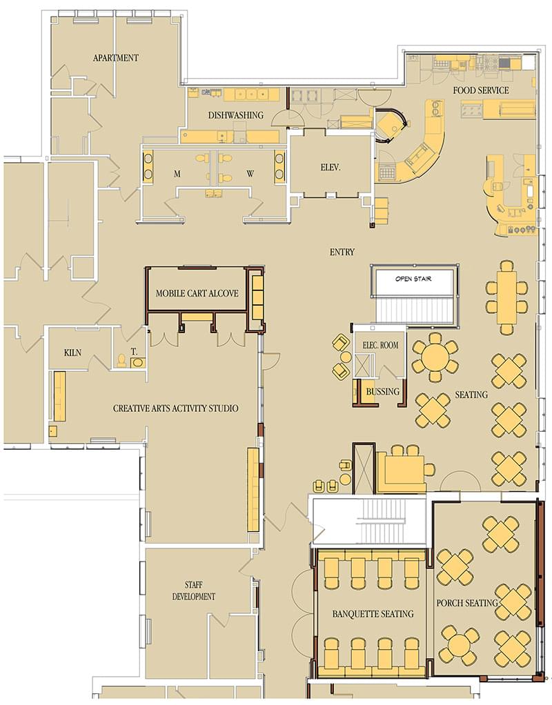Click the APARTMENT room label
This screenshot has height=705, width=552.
tap(116, 58)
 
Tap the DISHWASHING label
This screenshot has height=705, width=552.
tap(235, 115)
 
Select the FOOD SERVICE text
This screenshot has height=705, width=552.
tap(481, 90)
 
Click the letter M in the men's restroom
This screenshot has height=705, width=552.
tap(177, 174)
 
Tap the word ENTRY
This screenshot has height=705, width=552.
tap(342, 252)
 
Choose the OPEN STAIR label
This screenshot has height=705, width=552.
tap(413, 279)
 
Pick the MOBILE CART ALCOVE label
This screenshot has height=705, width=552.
tap(197, 293)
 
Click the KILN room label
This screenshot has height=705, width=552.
tap(72, 352)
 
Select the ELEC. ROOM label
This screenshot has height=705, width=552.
tap(380, 345)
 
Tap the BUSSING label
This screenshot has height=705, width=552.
tap(382, 392)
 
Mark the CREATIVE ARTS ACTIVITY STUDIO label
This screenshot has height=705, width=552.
tap(176, 408)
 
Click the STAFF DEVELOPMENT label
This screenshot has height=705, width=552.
tap(194, 590)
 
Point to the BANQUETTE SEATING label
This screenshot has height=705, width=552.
tap(373, 614)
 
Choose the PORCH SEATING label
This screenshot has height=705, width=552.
tap(467, 603)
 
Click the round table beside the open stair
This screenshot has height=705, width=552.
tap(435, 357)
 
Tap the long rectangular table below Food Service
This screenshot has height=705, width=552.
tap(506, 297)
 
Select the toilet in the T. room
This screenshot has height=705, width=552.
tap(121, 360)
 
